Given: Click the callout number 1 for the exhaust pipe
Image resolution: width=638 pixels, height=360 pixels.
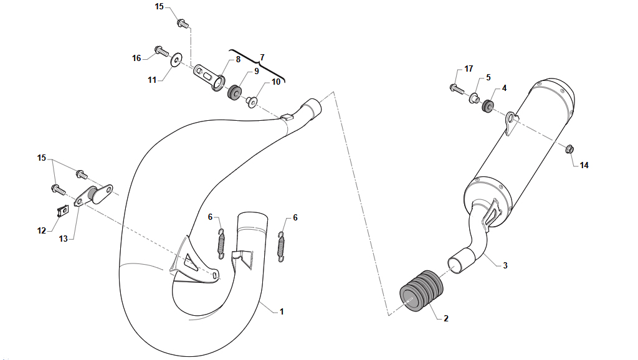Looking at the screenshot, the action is point(282,311).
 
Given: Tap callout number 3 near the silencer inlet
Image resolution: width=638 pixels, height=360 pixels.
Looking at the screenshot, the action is point(505,265).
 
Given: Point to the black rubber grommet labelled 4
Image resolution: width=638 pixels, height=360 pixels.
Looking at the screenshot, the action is point(487,105).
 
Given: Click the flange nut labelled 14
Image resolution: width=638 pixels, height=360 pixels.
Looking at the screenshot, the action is point(569,149).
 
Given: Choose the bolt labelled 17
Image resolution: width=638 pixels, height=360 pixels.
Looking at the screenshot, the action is point(457,88).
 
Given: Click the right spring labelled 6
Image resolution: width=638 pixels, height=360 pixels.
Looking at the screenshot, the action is point(281,246).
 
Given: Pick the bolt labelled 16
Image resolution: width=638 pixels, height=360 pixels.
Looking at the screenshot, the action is point(161,51).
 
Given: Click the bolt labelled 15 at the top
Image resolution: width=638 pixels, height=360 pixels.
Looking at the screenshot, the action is point(183,23).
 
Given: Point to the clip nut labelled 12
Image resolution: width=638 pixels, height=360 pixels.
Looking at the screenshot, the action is point(62,211).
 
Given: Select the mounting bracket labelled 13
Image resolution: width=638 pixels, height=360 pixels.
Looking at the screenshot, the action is point(93,195).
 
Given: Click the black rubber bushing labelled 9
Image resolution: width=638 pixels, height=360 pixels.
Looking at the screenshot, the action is point(234,92).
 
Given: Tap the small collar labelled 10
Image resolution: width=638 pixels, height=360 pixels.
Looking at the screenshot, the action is point(251,102).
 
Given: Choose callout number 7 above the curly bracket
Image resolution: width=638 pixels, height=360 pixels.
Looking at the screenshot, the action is point(262,57).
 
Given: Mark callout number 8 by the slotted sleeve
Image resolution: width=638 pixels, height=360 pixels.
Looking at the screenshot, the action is point(238,59).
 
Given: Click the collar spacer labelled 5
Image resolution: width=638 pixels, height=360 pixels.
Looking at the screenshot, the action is point(474,98).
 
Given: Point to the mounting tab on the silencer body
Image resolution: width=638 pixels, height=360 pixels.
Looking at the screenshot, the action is point(510,123).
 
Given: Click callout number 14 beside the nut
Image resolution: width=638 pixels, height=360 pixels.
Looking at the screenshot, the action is point(584,165).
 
